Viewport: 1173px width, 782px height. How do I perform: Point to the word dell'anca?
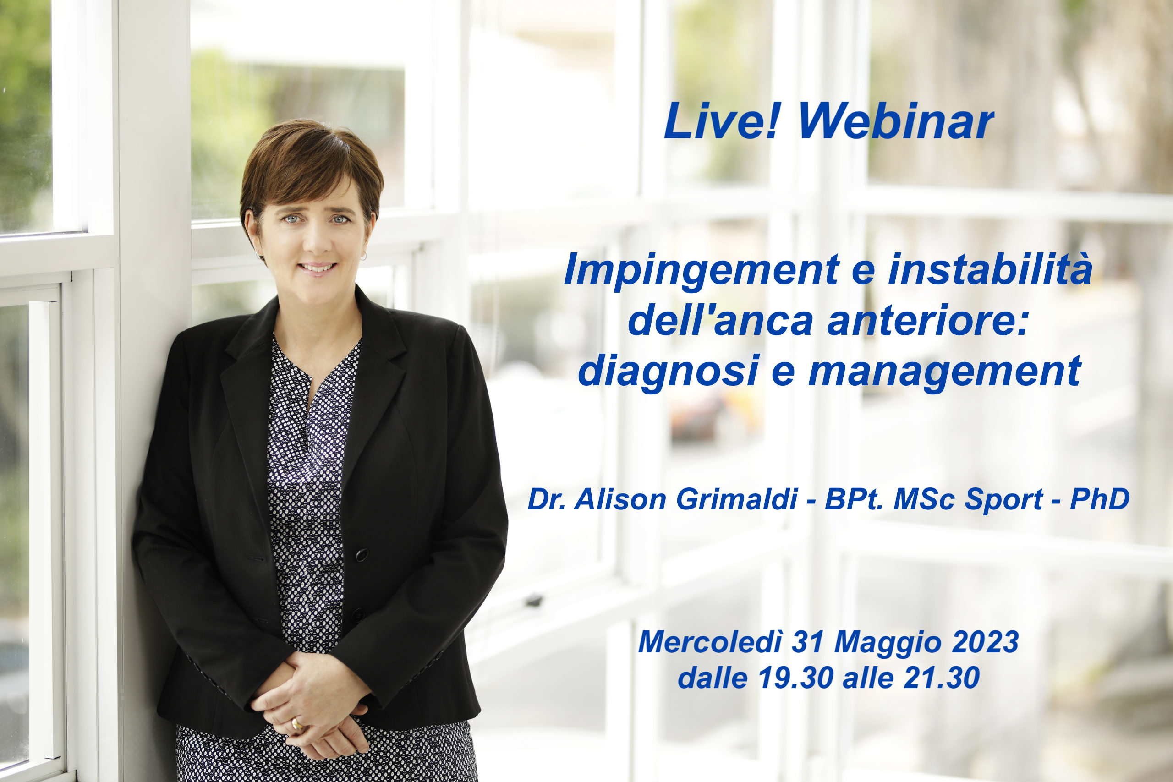click(x=720, y=320)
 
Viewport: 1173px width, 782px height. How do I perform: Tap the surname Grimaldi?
click(x=737, y=499)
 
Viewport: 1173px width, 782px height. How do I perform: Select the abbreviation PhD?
click(x=1100, y=499)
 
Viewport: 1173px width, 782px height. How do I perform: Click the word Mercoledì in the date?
click(x=710, y=642)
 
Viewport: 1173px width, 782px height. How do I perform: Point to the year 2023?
click(x=985, y=642)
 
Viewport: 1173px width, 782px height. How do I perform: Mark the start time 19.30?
click(x=796, y=678)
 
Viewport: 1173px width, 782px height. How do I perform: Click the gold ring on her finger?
click(x=298, y=725)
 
